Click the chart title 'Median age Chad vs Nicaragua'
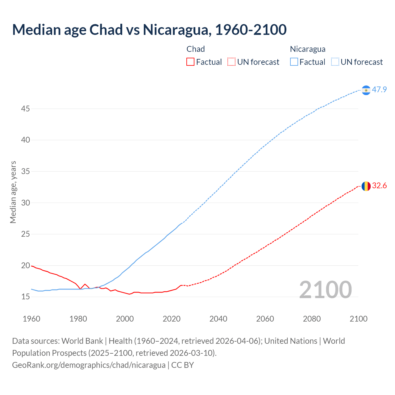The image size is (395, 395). [149, 30]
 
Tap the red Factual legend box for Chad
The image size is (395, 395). [190, 62]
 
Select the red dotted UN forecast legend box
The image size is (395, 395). [231, 62]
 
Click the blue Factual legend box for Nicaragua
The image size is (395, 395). [294, 62]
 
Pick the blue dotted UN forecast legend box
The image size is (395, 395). [335, 62]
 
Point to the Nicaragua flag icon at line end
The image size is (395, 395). [366, 90]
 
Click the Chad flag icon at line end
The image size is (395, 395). [366, 186]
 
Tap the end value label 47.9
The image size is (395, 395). [379, 90]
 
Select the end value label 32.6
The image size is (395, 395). [379, 186]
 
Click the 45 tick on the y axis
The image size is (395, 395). [26, 109]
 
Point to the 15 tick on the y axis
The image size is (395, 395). [26, 297]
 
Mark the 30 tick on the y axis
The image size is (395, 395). [26, 203]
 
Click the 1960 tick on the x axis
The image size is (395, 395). [31, 319]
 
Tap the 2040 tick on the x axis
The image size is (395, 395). [218, 319]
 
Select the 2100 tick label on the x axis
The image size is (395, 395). [358, 319]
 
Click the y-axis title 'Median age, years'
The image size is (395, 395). [13, 192]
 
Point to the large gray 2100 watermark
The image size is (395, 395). [325, 289]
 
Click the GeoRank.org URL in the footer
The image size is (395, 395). [89, 365]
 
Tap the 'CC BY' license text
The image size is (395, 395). [182, 365]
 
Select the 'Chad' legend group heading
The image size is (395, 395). [196, 49]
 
